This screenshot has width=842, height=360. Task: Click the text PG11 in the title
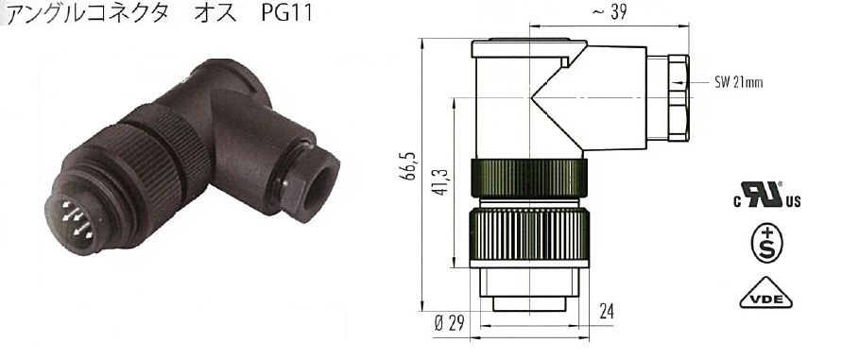[x=286, y=12]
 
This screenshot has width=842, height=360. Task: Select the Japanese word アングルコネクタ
[x=88, y=12]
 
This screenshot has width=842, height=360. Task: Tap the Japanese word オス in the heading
[x=215, y=12]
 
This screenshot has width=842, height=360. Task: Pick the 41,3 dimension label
[x=441, y=181]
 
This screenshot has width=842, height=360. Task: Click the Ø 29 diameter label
[x=447, y=324]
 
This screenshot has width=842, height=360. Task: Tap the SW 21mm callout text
[x=738, y=83]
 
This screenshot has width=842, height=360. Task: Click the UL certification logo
[x=766, y=195]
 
